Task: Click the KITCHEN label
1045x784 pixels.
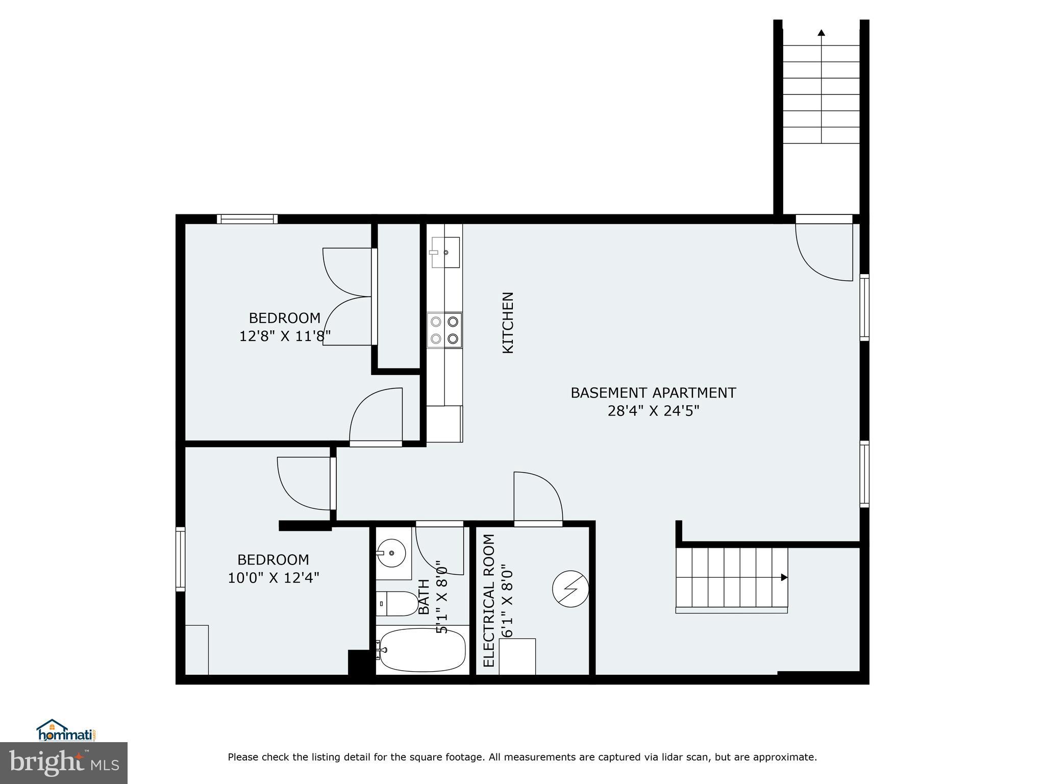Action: (508, 323)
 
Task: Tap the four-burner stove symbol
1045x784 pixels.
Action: (444, 330)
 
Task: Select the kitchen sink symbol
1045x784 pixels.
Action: (445, 252)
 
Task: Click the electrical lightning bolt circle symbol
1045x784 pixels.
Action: (570, 589)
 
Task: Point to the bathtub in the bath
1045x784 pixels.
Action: (422, 650)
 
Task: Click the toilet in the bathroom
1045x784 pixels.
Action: (397, 604)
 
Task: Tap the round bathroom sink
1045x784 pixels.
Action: (391, 553)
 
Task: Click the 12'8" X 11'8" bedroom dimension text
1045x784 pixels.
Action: (285, 336)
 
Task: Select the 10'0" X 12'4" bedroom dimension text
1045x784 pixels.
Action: (273, 578)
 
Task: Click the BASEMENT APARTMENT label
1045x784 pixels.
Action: (653, 393)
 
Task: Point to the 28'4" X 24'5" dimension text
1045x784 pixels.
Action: (653, 411)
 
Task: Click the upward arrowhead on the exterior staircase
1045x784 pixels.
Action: (821, 33)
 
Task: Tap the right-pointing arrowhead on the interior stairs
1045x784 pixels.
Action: (784, 577)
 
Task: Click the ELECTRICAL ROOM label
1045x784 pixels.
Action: (489, 600)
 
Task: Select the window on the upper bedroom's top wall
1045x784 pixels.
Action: (247, 219)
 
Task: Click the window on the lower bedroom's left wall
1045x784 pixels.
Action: (180, 559)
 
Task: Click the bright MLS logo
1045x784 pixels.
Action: (63, 763)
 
